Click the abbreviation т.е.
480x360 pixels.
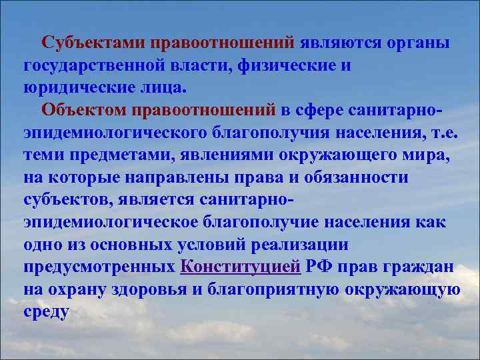coord(444,132)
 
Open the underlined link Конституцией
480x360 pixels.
coord(241,267)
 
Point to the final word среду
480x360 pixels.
coord(46,311)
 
